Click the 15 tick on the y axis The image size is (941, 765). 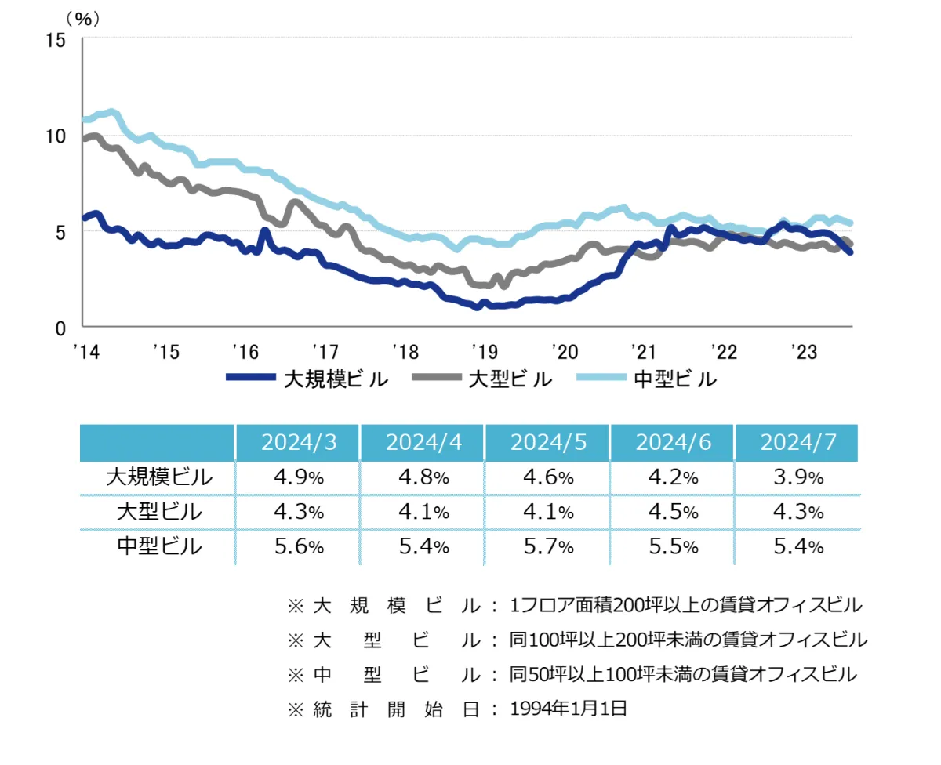(x=57, y=39)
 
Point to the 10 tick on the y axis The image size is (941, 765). (x=57, y=136)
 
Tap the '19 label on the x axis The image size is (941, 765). (x=481, y=351)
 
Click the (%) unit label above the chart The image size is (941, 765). (x=83, y=19)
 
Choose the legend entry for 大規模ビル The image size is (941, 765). (x=307, y=379)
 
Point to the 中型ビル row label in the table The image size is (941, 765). (x=158, y=546)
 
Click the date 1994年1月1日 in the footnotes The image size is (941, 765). (x=569, y=709)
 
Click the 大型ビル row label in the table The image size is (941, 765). (x=158, y=512)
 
